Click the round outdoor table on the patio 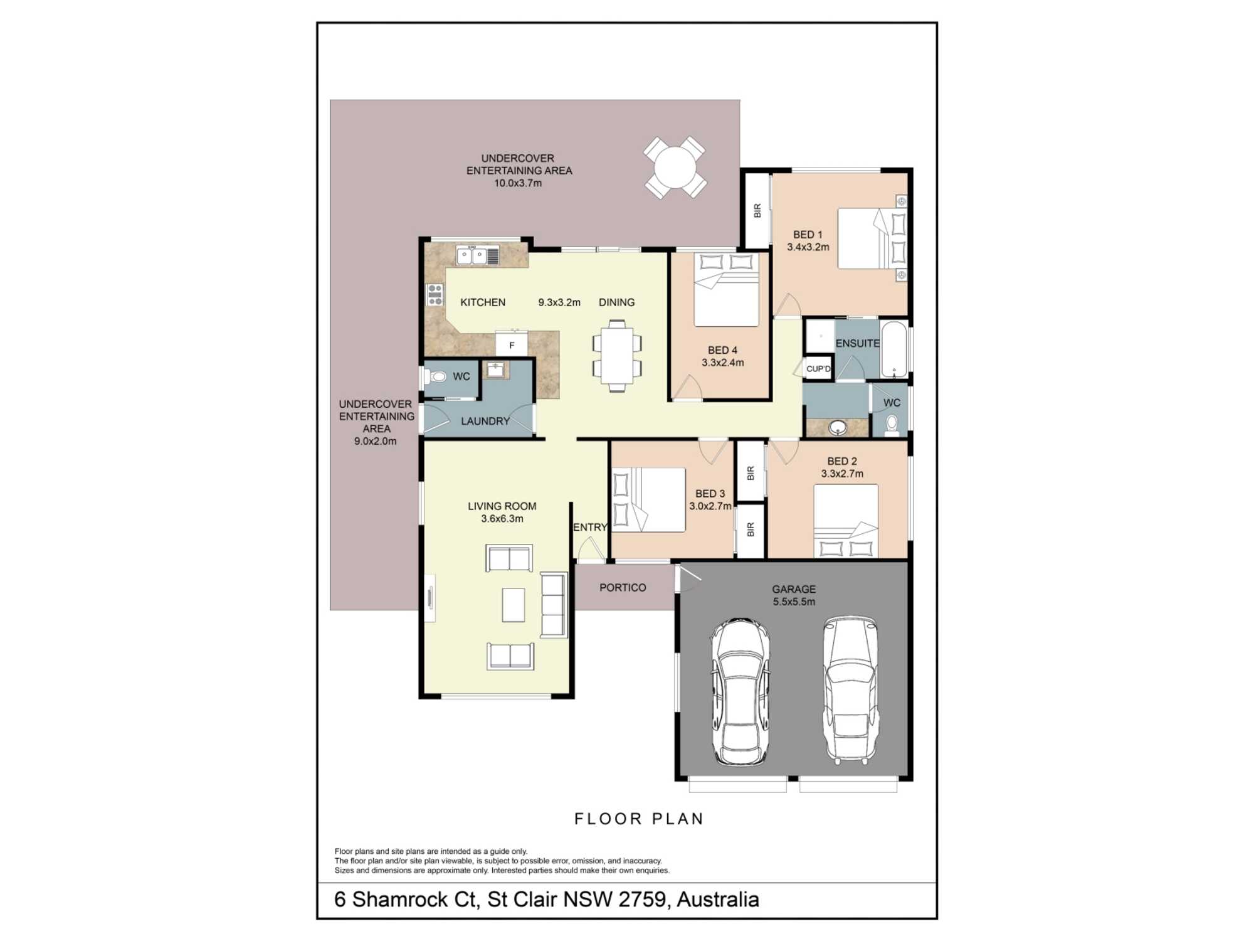675,167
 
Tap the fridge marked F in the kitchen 512,344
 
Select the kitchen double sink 472,255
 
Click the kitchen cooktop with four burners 435,294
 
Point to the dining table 617,356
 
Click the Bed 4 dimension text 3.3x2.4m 722,363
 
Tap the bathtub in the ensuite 894,349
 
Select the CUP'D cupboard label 818,369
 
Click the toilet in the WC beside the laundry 435,376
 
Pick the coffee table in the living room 514,605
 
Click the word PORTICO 623,588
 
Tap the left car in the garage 740,691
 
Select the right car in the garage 850,689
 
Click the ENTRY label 590,528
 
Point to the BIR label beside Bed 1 757,211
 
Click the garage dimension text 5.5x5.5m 794,602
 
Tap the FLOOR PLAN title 640,819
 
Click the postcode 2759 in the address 641,899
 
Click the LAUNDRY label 485,421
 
